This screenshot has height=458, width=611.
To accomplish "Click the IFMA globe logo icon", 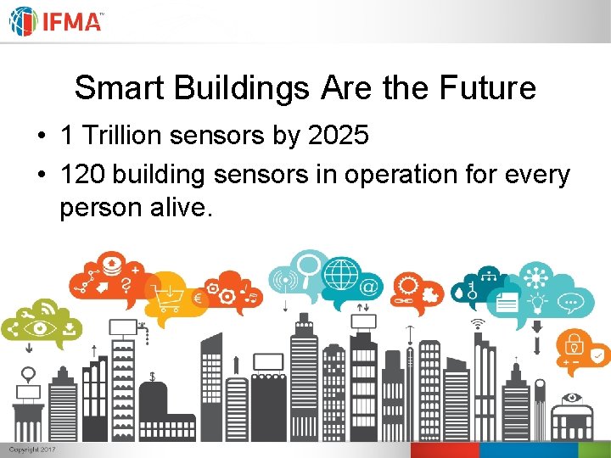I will coord(23,21).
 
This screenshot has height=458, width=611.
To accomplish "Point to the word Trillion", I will coord(125,134).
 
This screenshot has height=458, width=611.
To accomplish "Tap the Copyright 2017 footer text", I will coord(32,450).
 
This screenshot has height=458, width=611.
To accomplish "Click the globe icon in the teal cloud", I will coord(343,275).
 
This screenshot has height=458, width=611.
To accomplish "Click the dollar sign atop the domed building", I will coord(152,376).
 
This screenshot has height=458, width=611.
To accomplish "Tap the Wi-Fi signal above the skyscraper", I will coord(478,324).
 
